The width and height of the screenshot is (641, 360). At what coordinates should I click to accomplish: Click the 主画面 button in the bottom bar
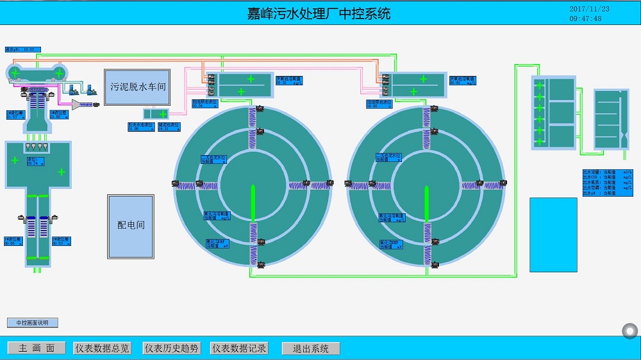[x=37, y=348]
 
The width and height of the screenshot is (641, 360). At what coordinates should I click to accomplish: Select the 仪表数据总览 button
[x=103, y=348]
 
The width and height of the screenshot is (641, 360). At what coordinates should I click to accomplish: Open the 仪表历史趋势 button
[x=172, y=348]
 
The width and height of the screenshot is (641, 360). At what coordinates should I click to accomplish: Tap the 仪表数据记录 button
[x=240, y=348]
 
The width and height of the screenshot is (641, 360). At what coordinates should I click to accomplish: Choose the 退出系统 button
[x=311, y=348]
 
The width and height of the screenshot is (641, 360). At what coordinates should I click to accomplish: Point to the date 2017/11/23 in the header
[x=589, y=9]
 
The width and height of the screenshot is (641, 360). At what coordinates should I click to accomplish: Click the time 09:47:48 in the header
[x=585, y=19]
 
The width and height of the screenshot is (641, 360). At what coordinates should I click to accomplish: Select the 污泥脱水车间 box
[x=137, y=86]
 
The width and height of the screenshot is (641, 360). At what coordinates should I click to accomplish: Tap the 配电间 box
[x=131, y=225]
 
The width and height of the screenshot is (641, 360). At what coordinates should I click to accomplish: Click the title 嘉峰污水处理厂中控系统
[x=319, y=13]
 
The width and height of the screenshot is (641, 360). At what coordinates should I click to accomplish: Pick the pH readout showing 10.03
[x=23, y=49]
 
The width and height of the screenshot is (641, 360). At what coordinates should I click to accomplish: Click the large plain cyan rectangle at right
[x=553, y=234]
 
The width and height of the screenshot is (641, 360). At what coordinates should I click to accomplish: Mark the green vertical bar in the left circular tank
[x=253, y=204]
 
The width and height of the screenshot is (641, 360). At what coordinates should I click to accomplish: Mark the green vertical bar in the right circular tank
[x=426, y=204]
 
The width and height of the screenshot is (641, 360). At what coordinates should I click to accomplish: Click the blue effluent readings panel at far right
[x=607, y=183]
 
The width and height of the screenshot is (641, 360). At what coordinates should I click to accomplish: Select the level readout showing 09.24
[x=37, y=161]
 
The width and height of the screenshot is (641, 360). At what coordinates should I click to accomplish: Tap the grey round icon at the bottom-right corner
[x=630, y=331]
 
